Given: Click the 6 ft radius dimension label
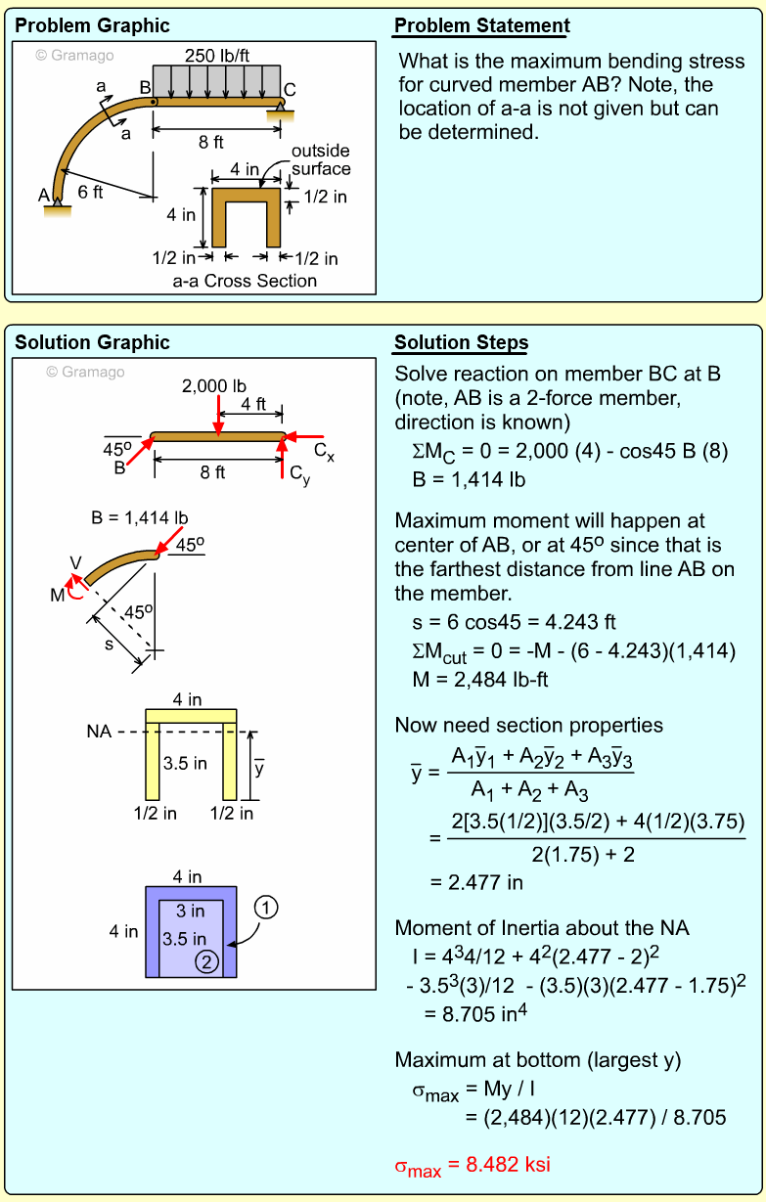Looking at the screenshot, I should pyautogui.click(x=90, y=192).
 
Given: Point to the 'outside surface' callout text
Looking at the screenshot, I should pyautogui.click(x=320, y=159).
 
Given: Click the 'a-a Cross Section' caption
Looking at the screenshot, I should pyautogui.click(x=245, y=281).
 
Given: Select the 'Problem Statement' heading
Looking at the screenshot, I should pyautogui.click(x=481, y=26).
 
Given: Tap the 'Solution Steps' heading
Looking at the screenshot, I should pyautogui.click(x=461, y=342).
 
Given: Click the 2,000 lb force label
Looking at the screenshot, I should pyautogui.click(x=214, y=386).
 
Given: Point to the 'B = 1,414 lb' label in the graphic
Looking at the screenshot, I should pyautogui.click(x=140, y=517).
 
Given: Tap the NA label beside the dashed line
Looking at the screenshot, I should pyautogui.click(x=99, y=730).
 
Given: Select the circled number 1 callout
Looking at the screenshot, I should pyautogui.click(x=265, y=908).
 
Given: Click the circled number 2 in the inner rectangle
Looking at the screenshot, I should pyautogui.click(x=206, y=961).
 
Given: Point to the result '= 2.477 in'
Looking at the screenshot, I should pyautogui.click(x=476, y=882).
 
